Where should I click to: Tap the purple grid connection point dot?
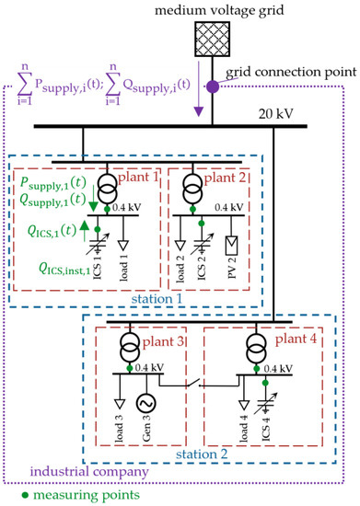tap(214, 86)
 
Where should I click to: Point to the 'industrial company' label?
tap(81, 474)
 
